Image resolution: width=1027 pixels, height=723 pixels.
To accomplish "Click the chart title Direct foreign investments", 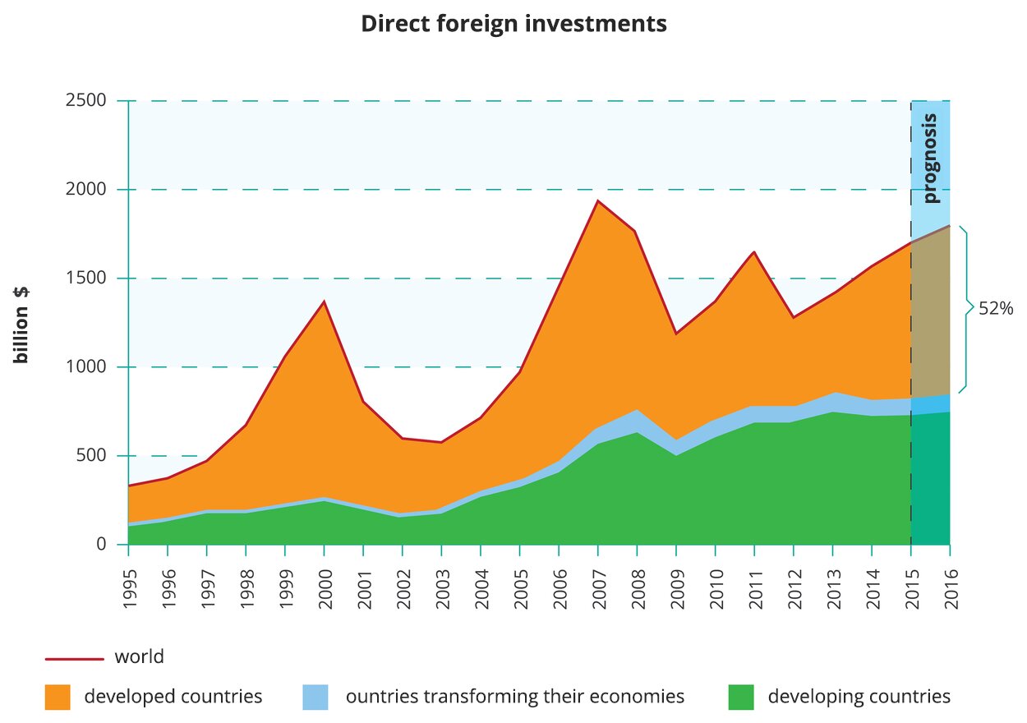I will pyautogui.click(x=513, y=24).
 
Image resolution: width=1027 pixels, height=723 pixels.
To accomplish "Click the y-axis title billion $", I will pyautogui.click(x=21, y=325).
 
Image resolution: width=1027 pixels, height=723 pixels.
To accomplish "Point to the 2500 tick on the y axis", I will pyautogui.click(x=86, y=101).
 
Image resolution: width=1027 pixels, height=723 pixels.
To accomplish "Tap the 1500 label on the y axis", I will pyautogui.click(x=86, y=279).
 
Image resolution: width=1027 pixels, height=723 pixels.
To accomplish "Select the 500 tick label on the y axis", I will pyautogui.click(x=91, y=456).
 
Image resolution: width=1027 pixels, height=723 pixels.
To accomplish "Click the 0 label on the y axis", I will pyautogui.click(x=101, y=545).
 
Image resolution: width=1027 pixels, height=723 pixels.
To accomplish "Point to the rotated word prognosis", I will pyautogui.click(x=930, y=159).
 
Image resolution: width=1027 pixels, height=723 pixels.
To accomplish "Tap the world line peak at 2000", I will pyautogui.click(x=324, y=302).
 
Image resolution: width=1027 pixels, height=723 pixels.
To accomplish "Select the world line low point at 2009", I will pyautogui.click(x=676, y=334).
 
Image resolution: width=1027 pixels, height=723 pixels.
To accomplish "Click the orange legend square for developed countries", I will pyautogui.click(x=58, y=697).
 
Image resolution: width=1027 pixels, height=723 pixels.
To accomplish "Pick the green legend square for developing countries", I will pyautogui.click(x=741, y=697).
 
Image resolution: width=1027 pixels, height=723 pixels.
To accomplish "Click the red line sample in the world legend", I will pyautogui.click(x=74, y=658).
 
